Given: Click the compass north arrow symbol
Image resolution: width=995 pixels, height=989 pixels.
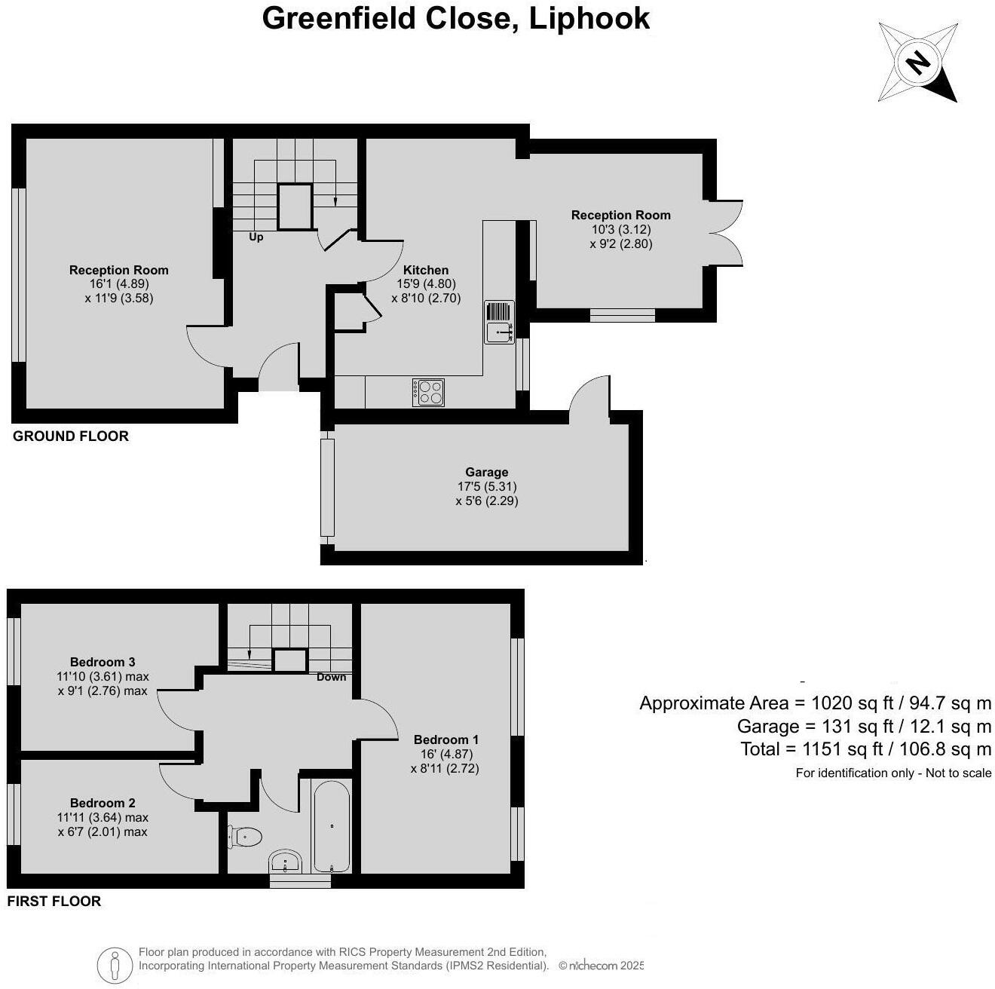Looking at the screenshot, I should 917,62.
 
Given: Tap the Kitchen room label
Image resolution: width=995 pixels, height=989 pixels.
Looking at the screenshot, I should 426,270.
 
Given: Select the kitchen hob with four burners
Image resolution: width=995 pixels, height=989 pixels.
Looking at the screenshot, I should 428,392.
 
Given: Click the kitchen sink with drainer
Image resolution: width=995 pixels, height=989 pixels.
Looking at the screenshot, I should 499,322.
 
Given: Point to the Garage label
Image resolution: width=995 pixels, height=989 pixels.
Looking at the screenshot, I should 486,473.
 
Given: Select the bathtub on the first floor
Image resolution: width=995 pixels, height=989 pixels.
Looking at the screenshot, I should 331,827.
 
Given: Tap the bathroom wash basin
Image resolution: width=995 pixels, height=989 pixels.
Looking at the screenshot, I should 286,861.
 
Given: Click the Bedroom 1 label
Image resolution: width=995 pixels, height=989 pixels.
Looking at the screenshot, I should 445,739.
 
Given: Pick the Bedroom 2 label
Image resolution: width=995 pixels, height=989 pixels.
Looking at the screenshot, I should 103,803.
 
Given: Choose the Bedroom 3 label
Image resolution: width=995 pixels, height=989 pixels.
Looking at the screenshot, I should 103,663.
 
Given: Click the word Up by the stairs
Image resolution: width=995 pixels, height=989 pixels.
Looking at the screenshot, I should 256,237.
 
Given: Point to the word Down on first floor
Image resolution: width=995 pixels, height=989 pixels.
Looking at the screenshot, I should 331,677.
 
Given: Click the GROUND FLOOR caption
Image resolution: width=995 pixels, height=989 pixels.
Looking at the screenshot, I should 71,436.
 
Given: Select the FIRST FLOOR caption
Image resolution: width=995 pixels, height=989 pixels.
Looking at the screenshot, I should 54,901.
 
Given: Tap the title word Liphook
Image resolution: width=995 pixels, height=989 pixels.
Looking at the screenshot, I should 589,18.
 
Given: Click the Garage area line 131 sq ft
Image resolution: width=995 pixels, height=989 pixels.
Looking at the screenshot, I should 864,726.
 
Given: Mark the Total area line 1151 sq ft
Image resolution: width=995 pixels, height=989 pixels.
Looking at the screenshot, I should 865,749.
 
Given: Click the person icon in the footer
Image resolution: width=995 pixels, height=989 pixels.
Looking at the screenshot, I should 115,964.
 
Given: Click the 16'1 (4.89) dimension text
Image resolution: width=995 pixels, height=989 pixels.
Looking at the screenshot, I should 119,284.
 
